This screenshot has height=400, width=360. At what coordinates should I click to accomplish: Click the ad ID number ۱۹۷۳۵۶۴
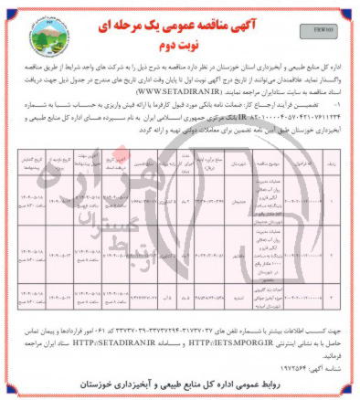point(289,366)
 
